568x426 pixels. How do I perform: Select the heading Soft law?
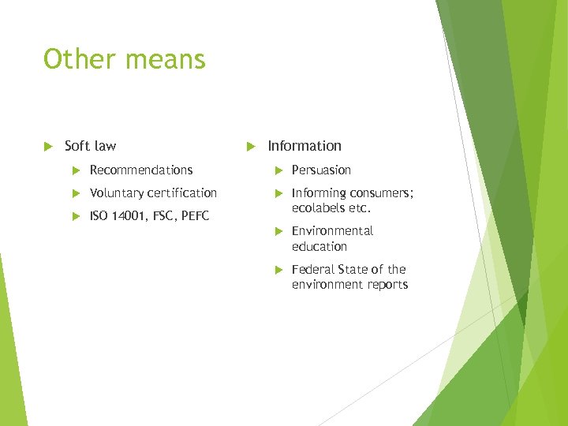click(90, 146)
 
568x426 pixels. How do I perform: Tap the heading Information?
click(305, 146)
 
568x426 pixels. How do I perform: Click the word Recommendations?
click(141, 170)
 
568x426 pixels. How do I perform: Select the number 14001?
click(129, 216)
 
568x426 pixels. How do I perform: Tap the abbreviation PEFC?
click(196, 216)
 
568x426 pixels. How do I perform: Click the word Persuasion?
click(321, 170)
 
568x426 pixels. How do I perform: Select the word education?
click(319, 246)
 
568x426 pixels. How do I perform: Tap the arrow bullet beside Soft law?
click(47, 146)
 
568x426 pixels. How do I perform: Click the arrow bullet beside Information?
click(249, 146)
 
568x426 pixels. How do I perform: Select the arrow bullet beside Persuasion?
click(278, 170)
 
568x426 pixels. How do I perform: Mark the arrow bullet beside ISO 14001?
click(76, 216)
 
